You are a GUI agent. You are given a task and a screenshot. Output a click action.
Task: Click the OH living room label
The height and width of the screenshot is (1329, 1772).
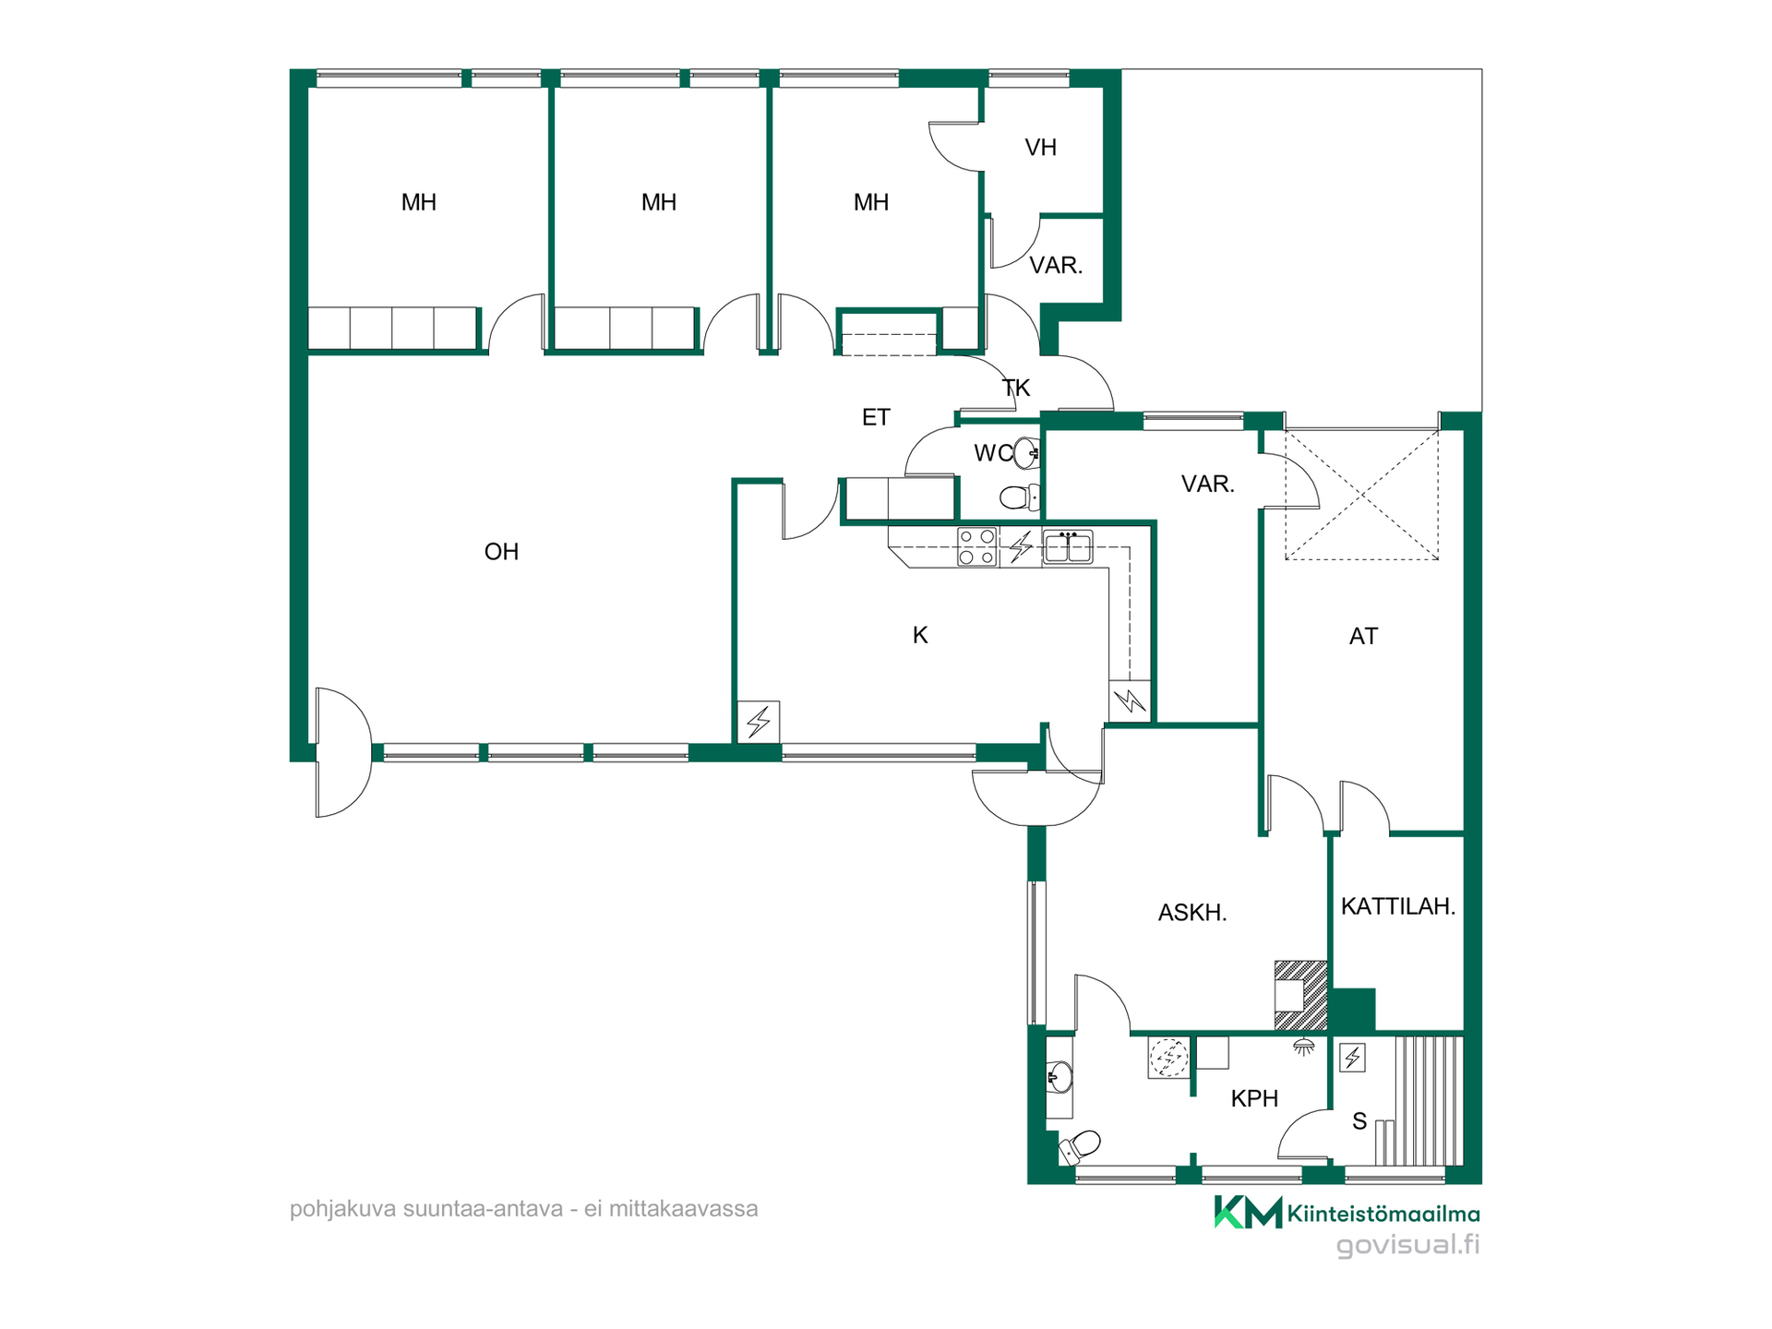(x=501, y=552)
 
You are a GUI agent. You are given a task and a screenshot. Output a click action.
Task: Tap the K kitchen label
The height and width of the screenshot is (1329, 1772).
(x=919, y=635)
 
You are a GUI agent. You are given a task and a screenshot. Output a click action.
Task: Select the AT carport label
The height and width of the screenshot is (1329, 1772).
(x=1363, y=636)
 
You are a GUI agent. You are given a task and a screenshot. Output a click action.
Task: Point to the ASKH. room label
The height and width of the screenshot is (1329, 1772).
(x=1192, y=913)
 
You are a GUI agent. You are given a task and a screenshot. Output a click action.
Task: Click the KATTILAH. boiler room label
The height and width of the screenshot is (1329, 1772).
(x=1397, y=906)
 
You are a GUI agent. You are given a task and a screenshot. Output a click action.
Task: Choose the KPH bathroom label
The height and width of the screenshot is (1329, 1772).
(x=1254, y=1098)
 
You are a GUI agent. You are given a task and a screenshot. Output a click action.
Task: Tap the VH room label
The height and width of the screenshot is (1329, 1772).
(x=1040, y=148)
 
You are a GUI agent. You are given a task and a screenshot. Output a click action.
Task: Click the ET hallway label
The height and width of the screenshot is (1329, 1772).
(x=876, y=418)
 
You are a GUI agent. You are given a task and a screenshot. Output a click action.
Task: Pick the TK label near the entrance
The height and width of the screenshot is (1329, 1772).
(x=1015, y=388)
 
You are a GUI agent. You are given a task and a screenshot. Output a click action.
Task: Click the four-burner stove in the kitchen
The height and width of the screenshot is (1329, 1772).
(x=976, y=545)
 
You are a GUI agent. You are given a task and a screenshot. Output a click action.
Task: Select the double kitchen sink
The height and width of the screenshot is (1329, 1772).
(x=1068, y=546)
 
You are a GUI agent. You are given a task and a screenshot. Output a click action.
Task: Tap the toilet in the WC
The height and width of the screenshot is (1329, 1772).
(x=1019, y=497)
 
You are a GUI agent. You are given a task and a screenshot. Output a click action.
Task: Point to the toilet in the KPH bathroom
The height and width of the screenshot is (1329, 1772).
(x=1080, y=1147)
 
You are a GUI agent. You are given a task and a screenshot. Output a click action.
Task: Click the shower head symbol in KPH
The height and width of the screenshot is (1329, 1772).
(x=1303, y=1047)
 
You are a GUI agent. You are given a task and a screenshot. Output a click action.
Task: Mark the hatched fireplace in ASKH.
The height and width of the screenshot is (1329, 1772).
(x=1300, y=995)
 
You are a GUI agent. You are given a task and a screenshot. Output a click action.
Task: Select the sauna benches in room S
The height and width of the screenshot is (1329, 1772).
(x=1427, y=1100)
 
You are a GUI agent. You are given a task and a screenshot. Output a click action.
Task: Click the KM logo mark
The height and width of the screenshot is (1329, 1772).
(x=1248, y=1213)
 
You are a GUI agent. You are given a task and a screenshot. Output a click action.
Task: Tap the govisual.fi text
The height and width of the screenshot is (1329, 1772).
(x=1407, y=1245)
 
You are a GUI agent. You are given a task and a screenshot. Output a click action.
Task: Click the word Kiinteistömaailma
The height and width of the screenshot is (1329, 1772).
(x=1383, y=1215)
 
